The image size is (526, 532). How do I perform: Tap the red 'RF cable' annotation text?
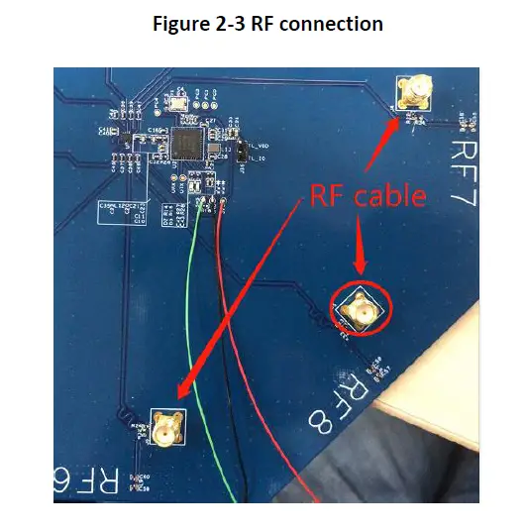click(x=368, y=196)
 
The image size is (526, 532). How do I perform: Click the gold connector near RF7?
click(x=413, y=95)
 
